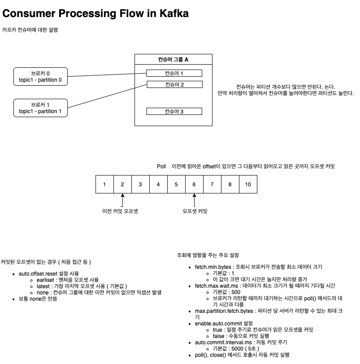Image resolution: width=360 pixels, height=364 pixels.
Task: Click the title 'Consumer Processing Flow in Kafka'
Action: [x=95, y=13]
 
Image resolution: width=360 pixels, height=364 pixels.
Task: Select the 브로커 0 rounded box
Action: [x=40, y=77]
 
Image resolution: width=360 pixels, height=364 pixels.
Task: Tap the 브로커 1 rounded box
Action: [x=40, y=108]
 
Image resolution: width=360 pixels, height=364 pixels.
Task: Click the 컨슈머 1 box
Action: [x=174, y=73]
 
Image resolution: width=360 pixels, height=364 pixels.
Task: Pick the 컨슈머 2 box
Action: [x=174, y=84]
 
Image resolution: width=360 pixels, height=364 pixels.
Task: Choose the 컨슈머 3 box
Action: [x=174, y=111]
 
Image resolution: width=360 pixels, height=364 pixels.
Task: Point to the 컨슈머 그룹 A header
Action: [x=173, y=60]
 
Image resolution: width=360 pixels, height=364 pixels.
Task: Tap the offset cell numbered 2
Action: [x=122, y=184]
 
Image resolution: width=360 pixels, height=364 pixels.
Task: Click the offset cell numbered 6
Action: [x=194, y=184]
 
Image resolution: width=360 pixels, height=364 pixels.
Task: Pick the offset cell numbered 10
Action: [x=248, y=184]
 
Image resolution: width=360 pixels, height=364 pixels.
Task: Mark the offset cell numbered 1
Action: [x=104, y=184]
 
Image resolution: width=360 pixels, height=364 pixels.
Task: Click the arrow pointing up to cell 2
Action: [x=122, y=200]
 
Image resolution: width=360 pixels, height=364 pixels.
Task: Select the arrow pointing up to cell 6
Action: [x=194, y=200]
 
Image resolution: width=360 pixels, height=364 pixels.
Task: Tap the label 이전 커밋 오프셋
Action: [x=120, y=211]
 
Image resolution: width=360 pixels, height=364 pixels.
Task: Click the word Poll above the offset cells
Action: [x=161, y=167]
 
